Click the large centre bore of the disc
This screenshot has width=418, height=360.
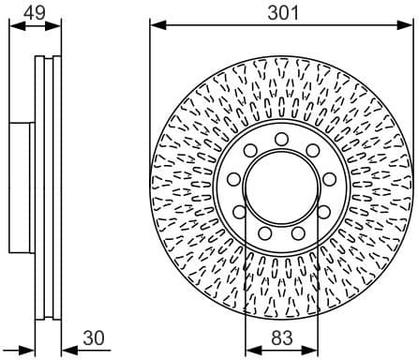pos(281,186)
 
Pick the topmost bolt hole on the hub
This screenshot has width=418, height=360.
pos(281,139)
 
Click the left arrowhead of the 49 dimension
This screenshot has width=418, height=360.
pos(14,22)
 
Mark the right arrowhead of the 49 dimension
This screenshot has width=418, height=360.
pos(52,22)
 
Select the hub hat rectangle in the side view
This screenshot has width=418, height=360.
pos(22,187)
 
